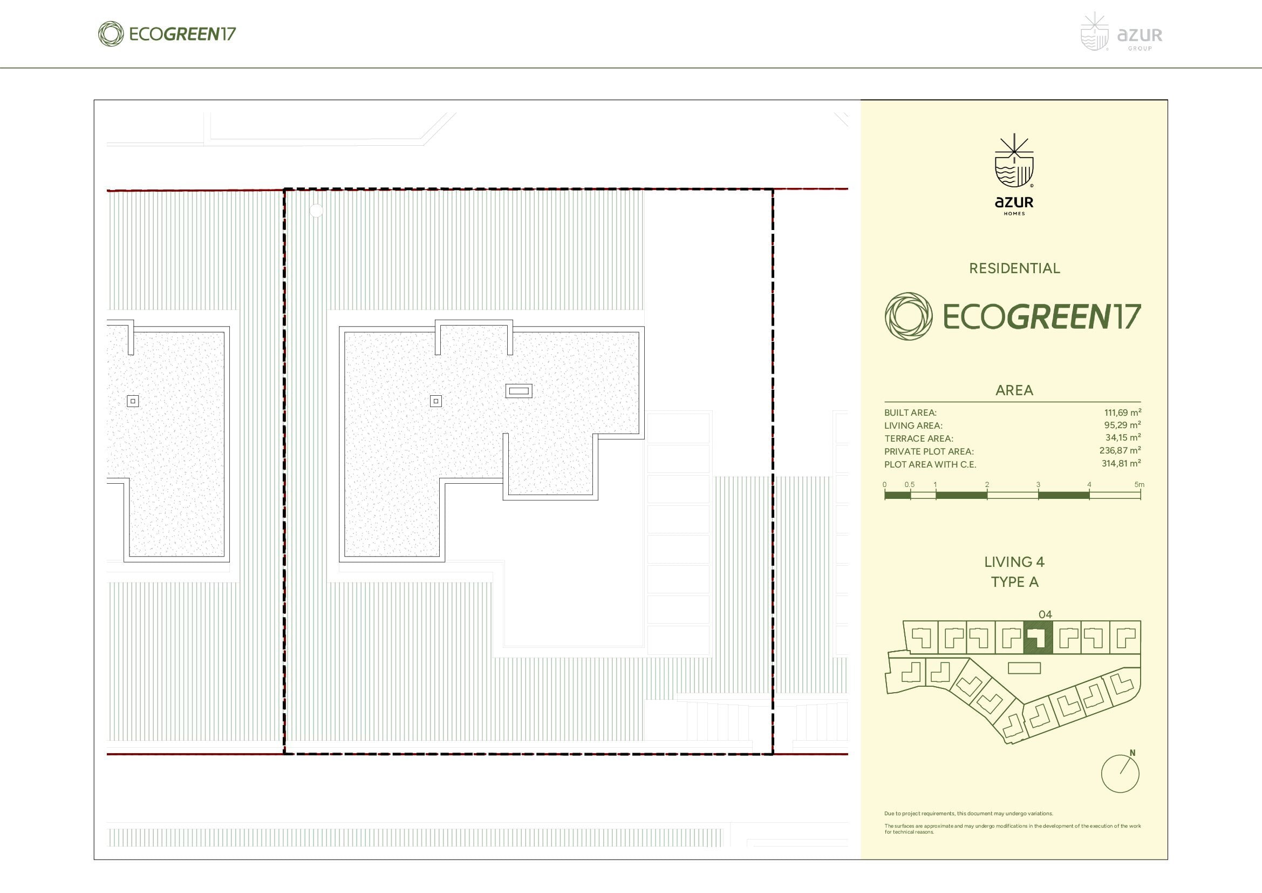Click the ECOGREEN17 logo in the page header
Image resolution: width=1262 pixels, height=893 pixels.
point(167,34)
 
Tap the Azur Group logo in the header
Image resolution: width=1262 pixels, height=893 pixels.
point(1121,32)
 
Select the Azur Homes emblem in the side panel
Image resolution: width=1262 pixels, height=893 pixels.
point(1014,174)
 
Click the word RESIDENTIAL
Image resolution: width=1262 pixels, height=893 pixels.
point(1014,268)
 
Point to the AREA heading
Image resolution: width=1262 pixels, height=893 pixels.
point(1014,390)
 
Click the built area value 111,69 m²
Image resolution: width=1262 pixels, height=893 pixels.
point(1122,412)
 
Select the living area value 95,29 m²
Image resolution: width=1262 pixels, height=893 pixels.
point(1122,425)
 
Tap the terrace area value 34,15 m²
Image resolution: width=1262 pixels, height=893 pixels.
point(1123,438)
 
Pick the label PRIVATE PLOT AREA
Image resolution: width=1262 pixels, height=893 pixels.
point(929,451)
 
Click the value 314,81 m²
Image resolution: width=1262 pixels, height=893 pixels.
point(1121,464)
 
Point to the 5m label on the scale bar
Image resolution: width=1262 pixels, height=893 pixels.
point(1140,484)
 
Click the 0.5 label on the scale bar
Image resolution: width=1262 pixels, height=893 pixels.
point(910,484)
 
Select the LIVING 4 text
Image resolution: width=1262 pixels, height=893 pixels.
point(1014,562)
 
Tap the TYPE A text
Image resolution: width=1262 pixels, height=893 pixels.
point(1015,582)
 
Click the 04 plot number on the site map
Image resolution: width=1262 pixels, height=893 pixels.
point(1045,614)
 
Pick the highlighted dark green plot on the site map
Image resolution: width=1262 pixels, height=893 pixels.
point(1038,637)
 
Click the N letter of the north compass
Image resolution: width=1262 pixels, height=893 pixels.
point(1133,753)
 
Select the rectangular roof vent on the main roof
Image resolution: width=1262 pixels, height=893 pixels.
point(519,391)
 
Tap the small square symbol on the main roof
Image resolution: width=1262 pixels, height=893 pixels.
point(436,401)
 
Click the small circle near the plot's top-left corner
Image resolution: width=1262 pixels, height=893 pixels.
point(316,210)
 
